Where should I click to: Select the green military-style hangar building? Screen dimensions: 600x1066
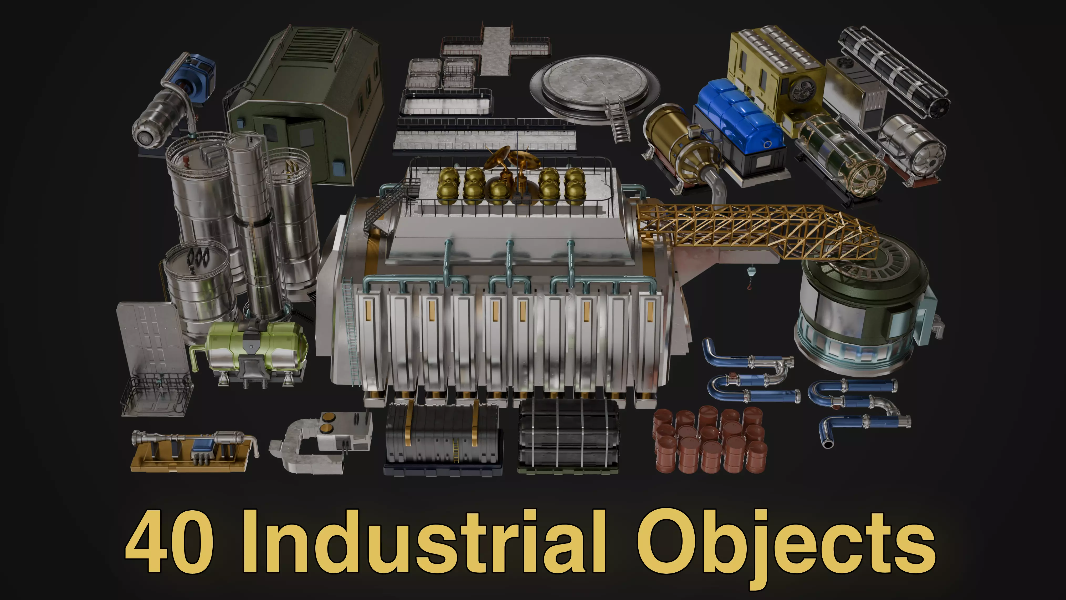306,99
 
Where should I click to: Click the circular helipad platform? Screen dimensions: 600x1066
594,87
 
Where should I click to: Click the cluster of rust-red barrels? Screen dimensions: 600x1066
710,441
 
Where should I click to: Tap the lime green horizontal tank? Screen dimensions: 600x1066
257,348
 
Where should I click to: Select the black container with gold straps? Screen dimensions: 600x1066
443,439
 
